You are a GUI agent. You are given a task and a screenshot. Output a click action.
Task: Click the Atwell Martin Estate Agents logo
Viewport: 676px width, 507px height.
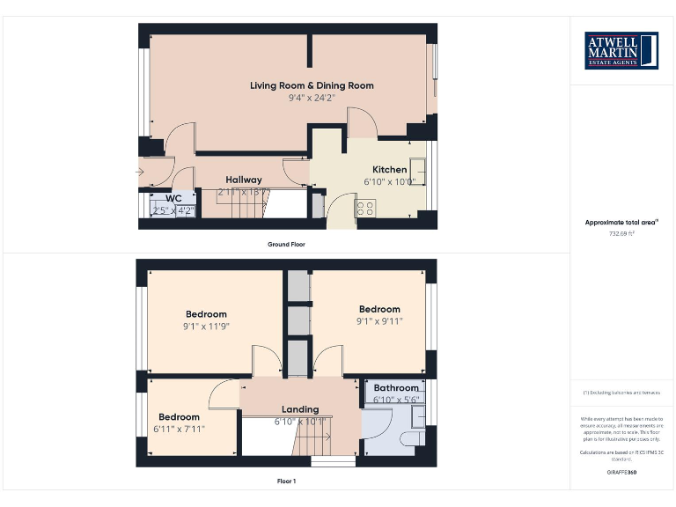tap(622, 50)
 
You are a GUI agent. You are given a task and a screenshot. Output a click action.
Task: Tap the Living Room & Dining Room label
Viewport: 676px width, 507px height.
tap(312, 85)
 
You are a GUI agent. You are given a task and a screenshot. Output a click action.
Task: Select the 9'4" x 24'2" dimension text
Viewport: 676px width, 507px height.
tap(312, 98)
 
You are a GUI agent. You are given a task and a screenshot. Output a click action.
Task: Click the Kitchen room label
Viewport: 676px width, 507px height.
tap(389, 170)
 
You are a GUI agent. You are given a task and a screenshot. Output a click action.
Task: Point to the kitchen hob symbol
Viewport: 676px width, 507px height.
tap(364, 208)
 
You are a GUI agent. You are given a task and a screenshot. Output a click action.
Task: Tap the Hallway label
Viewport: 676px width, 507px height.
tap(244, 180)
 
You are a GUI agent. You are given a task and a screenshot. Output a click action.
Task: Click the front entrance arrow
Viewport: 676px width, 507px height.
tap(141, 171)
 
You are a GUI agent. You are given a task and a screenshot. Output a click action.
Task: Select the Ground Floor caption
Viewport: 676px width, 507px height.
tap(286, 244)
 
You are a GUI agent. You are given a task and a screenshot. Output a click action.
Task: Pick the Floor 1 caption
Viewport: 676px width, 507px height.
tap(286, 481)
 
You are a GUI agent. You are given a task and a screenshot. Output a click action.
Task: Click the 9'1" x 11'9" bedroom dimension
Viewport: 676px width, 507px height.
tap(206, 326)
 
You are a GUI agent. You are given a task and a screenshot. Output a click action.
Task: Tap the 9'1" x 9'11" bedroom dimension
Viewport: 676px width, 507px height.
tap(379, 321)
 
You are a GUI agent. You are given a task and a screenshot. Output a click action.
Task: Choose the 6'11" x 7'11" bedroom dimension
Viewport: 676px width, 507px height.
tap(179, 430)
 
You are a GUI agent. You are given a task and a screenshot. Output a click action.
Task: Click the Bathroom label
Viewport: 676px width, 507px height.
tap(396, 387)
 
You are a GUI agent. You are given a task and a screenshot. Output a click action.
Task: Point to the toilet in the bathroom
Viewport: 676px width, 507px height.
tap(410, 437)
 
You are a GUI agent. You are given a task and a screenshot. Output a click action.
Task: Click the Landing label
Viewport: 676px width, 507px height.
tap(300, 409)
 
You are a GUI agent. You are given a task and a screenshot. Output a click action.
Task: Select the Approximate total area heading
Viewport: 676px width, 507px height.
tap(622, 223)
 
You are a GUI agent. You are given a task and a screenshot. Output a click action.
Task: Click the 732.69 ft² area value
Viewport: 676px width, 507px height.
tap(622, 234)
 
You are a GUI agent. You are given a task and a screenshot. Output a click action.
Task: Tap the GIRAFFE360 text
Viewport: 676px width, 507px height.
tap(622, 473)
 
